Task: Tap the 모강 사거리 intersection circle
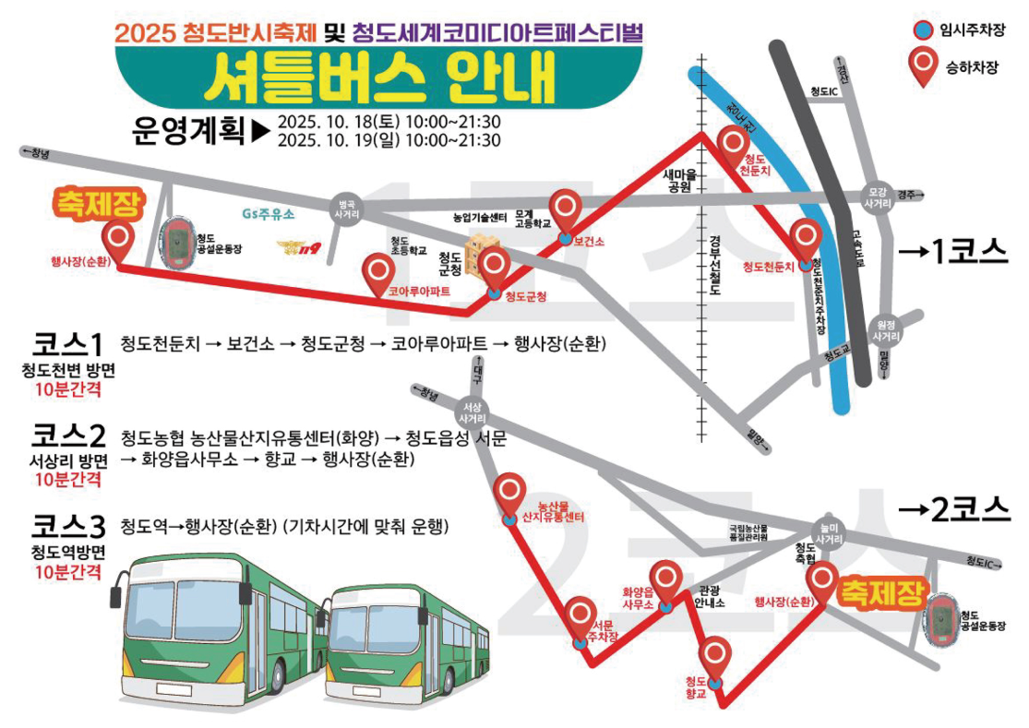(877, 195)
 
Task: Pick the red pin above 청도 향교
(717, 656)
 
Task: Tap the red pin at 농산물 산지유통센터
(510, 493)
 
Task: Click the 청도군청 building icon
(477, 257)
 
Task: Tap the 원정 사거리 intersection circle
(886, 330)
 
